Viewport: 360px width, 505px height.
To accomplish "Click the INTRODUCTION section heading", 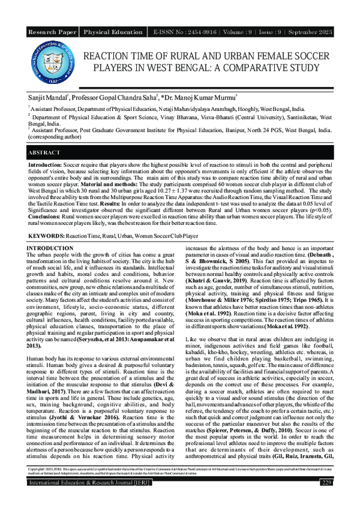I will [x=50, y=248].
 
